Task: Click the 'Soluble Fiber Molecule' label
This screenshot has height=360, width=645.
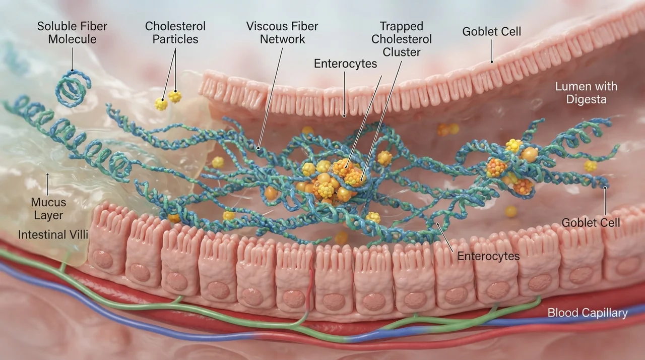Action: point(72,33)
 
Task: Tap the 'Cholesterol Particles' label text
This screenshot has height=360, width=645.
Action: point(175,33)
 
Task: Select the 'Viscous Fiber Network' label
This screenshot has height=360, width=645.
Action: point(282,33)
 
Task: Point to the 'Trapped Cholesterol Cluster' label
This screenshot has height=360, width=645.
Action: point(402,39)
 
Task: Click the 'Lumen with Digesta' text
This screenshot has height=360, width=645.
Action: point(586,93)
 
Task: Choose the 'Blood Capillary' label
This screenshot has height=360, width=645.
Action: point(588,313)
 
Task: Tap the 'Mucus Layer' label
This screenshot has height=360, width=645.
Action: point(48,209)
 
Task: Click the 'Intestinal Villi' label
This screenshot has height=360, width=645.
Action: point(53,235)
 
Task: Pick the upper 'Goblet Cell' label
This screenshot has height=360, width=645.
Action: point(491,32)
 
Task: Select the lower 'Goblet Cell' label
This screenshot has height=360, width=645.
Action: point(591,223)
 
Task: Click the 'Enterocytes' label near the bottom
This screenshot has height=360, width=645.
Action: point(488,256)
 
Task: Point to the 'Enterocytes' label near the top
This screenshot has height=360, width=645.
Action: point(345,64)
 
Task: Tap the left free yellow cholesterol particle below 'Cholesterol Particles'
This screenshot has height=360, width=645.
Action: point(161,104)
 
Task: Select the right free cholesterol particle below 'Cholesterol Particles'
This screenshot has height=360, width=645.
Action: point(175,96)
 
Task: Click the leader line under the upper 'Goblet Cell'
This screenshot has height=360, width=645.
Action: point(492,51)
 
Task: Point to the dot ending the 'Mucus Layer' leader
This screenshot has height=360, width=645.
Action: point(47,174)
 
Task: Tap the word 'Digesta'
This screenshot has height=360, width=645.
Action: point(586,99)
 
